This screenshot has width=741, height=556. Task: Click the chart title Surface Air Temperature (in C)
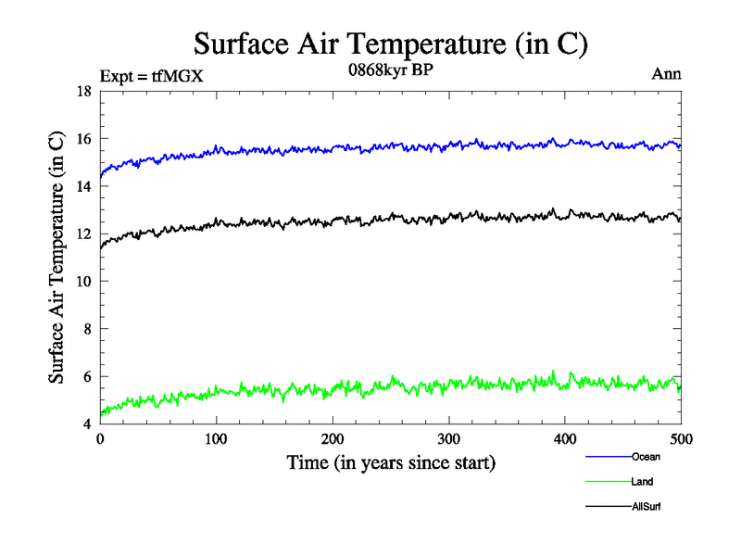[390, 44]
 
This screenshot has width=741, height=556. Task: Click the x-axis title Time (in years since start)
[391, 462]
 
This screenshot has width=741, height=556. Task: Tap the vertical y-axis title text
[57, 258]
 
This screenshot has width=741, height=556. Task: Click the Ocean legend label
[646, 457]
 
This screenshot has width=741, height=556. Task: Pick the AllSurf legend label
[647, 507]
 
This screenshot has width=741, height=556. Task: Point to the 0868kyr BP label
[389, 71]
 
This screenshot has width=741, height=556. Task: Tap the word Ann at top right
[667, 75]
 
